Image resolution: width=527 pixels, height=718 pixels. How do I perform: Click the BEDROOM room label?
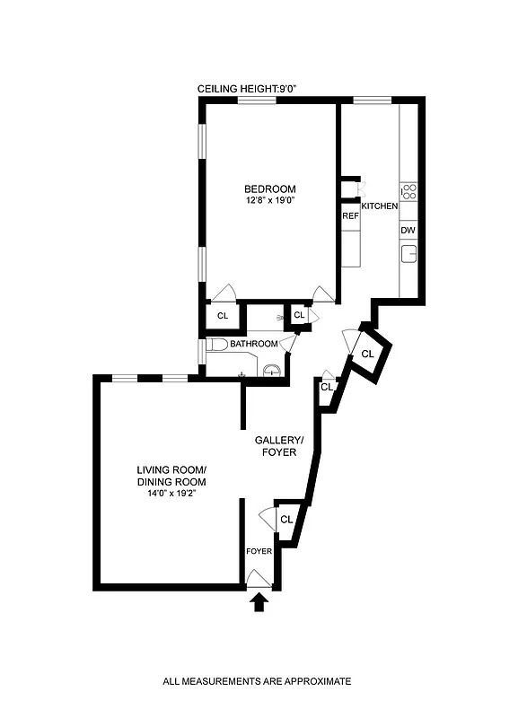(x=269, y=188)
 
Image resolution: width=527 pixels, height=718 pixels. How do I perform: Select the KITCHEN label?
(x=379, y=206)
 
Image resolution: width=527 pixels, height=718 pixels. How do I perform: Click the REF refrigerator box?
(x=349, y=216)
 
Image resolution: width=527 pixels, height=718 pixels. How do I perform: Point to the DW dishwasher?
(x=408, y=231)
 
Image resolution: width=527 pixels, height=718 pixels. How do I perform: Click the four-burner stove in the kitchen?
(x=408, y=190)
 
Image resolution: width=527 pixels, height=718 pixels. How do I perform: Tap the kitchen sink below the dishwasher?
(x=408, y=255)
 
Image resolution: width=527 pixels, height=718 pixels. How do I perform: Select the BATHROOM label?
(x=254, y=344)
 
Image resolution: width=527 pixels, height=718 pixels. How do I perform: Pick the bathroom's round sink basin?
(x=272, y=370)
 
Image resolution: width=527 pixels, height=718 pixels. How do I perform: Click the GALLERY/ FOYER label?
(x=279, y=446)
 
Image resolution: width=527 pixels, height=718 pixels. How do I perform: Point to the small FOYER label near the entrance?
(x=258, y=551)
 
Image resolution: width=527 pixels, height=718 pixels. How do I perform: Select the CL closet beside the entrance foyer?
(x=286, y=520)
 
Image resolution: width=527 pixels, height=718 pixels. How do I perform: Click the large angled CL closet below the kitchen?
(x=368, y=354)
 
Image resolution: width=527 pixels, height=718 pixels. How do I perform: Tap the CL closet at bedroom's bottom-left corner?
(x=224, y=315)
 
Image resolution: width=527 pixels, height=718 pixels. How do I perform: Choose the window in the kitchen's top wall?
(x=372, y=99)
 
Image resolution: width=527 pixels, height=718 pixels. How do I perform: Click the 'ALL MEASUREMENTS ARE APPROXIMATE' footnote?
(x=257, y=681)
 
